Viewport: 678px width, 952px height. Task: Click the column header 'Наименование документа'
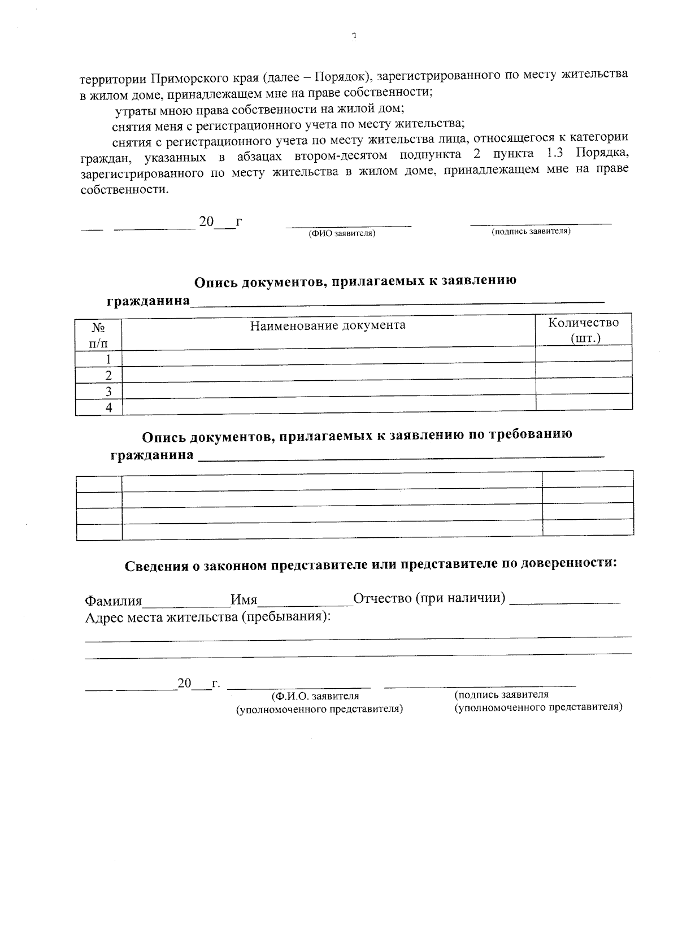(x=328, y=325)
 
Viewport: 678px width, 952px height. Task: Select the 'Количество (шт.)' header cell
(x=583, y=330)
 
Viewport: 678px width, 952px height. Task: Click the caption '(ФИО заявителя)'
(x=341, y=233)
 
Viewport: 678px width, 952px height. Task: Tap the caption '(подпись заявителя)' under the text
(x=531, y=232)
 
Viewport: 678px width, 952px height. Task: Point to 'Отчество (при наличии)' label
(x=429, y=598)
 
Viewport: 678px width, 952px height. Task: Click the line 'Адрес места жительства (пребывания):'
(x=207, y=617)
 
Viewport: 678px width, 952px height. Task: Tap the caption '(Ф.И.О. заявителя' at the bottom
(x=315, y=696)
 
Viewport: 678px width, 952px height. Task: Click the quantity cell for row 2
(x=584, y=370)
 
